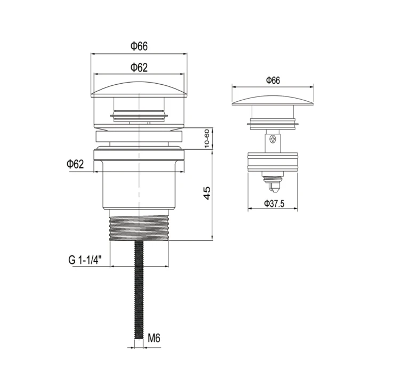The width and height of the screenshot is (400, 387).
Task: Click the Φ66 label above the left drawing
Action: [139, 46]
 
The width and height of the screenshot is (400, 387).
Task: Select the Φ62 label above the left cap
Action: [139, 68]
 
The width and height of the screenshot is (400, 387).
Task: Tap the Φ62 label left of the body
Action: [75, 164]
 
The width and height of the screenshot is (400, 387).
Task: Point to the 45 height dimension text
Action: [207, 193]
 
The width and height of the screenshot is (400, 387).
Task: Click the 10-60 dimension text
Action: [206, 138]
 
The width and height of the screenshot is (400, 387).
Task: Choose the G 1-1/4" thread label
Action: [85, 260]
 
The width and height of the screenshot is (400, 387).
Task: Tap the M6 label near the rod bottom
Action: [154, 338]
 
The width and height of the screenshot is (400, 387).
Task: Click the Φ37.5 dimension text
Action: [274, 204]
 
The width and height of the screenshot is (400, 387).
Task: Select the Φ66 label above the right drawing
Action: [273, 80]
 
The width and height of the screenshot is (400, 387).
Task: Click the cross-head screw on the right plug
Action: [273, 140]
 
